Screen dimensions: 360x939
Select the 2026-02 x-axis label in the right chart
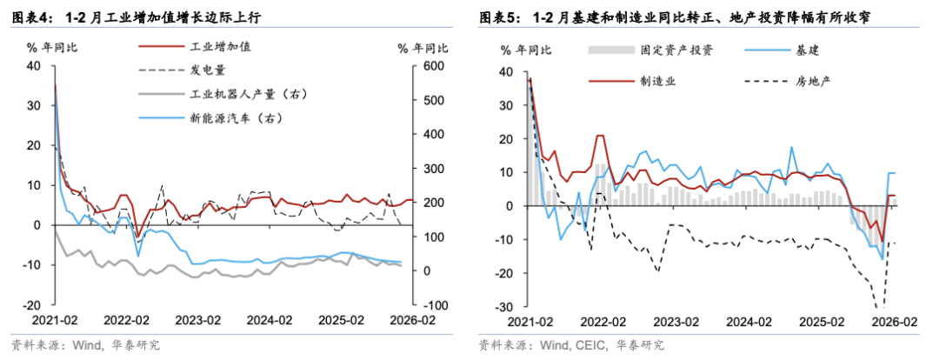(894, 321)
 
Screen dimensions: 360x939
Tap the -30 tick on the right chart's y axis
(503, 306)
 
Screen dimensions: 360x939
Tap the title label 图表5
(499, 17)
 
